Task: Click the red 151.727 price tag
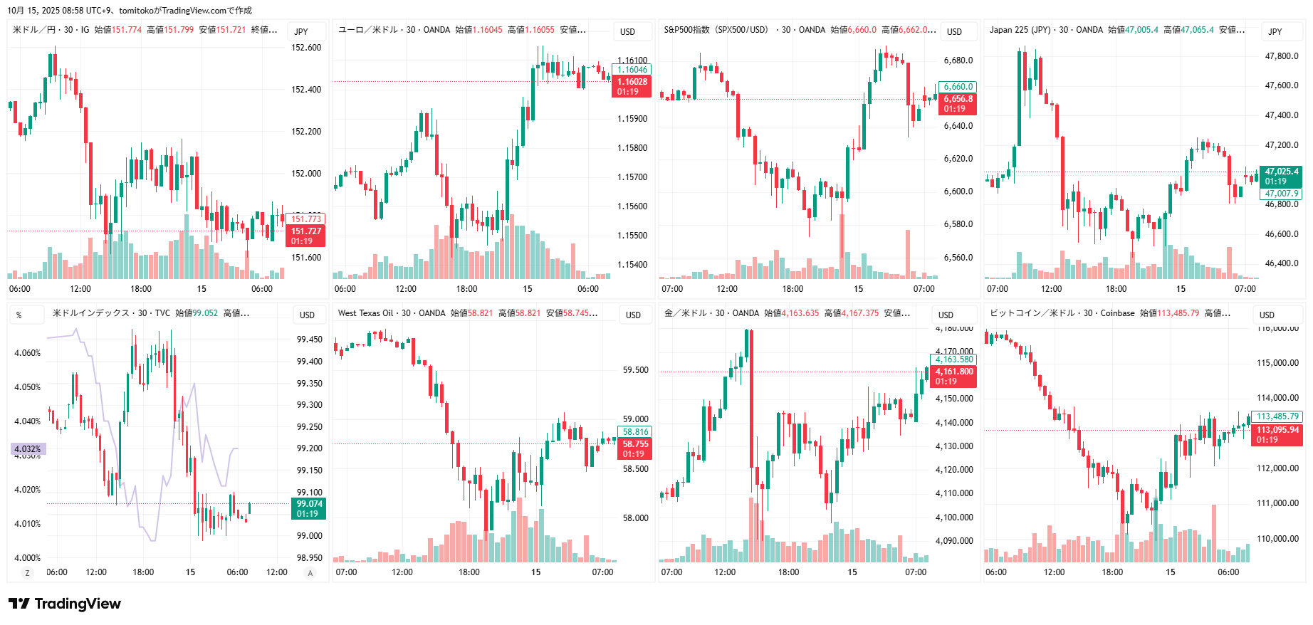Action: (x=306, y=231)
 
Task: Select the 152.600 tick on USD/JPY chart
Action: (x=306, y=48)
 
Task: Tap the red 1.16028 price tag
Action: (x=632, y=82)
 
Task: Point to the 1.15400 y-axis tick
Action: (x=632, y=265)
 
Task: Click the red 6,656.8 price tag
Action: (x=958, y=100)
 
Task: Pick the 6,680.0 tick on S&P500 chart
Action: (x=958, y=61)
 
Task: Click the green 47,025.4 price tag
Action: (x=1281, y=172)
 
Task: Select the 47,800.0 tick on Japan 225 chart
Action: (x=1281, y=56)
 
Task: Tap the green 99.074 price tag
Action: (x=309, y=504)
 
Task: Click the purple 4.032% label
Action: (x=28, y=449)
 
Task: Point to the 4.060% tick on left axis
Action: (x=28, y=353)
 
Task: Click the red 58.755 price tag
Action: (x=635, y=444)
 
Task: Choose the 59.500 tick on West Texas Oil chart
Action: (x=635, y=370)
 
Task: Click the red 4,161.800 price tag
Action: (x=953, y=372)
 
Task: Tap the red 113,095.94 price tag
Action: (x=1277, y=430)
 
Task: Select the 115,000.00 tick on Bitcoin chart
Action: (x=1277, y=363)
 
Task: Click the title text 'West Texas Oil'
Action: (x=365, y=313)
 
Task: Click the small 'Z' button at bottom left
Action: (x=28, y=573)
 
